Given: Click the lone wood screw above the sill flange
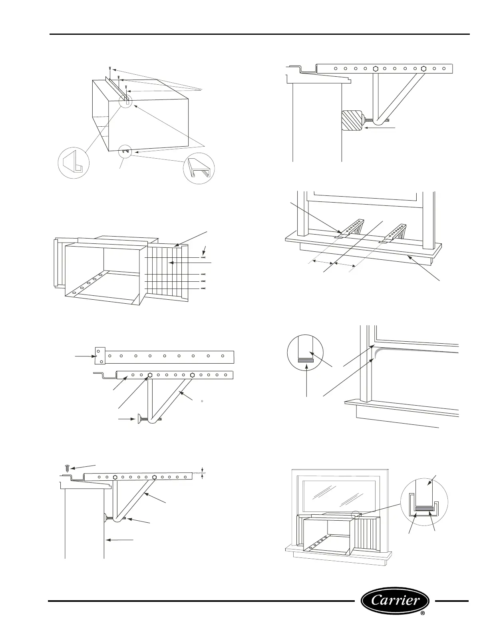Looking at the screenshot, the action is coord(67,468).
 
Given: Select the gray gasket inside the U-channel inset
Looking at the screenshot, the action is coord(424,509).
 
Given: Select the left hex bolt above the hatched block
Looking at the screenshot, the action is coord(376,68).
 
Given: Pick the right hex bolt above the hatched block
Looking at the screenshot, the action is coord(424,68).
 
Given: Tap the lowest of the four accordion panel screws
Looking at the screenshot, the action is coord(203,288).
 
